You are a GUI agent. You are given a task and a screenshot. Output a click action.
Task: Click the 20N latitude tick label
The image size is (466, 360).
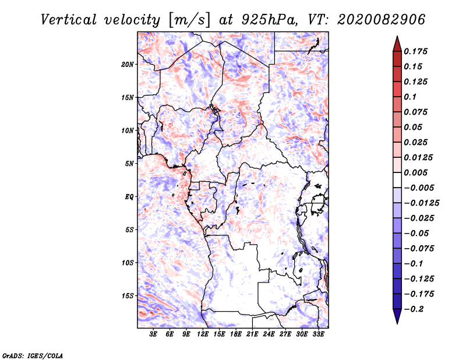128,64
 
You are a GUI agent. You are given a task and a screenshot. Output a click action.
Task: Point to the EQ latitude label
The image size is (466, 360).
129,197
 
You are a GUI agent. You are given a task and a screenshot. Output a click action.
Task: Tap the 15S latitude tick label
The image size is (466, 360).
128,296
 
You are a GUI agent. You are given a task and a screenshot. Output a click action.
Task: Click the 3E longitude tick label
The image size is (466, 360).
153,334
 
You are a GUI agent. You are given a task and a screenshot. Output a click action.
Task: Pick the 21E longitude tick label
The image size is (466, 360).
252,334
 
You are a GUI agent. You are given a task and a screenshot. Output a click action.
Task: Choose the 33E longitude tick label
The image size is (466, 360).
318,334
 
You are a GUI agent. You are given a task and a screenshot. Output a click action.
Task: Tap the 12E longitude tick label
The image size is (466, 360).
203,334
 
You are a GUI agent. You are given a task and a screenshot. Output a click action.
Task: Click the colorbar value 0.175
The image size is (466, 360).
416,51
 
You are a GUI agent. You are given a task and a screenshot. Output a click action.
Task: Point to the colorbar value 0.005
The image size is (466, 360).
416,172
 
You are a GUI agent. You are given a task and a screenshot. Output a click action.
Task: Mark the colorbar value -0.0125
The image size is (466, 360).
423,203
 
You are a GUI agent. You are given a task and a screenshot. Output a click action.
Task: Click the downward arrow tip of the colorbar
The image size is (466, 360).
397,322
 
